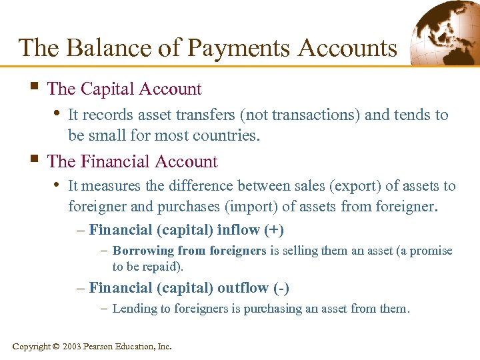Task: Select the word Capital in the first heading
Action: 113,89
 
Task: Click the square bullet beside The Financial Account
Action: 33,160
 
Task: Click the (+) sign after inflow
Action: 273,231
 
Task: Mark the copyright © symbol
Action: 55,347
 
